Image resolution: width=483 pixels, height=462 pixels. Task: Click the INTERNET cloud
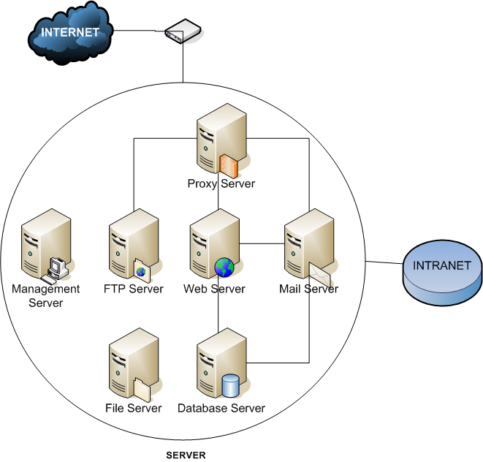70,33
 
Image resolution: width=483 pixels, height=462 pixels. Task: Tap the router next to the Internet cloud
183,33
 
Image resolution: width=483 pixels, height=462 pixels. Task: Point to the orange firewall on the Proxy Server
229,164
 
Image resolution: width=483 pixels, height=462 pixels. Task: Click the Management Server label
37,295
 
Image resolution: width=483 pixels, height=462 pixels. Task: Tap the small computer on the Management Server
56,270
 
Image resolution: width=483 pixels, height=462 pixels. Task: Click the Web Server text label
214,289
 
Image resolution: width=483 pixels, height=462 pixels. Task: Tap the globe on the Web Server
224,268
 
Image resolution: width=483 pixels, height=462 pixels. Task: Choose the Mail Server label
308,289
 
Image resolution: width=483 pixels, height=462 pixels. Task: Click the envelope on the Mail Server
320,273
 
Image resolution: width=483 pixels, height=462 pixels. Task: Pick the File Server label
134,408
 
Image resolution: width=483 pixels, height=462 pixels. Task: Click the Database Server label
221,408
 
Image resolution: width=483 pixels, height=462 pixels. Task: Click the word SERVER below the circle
186,455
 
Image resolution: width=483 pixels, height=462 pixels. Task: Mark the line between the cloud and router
139,31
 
